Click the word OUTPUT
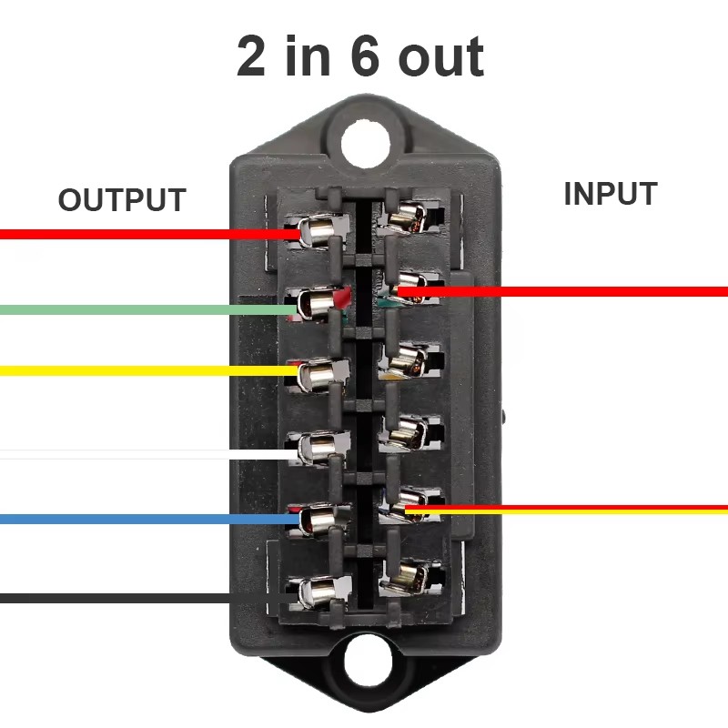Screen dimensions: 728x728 coord(122,199)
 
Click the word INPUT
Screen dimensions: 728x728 coord(611,193)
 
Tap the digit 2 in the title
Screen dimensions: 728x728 coord(251,56)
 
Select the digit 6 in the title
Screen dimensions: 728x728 coord(366,56)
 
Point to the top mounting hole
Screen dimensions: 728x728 coord(365,144)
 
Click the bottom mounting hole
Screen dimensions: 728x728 coord(368,662)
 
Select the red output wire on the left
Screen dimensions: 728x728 coord(150,234)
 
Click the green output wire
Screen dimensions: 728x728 coord(148,309)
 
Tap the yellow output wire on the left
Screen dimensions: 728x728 coord(148,371)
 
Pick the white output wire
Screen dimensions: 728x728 coord(148,454)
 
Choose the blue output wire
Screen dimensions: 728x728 coord(149,519)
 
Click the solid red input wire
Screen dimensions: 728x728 coord(562,291)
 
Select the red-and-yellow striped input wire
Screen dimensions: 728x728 coord(566,510)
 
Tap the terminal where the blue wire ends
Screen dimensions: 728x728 coord(318,520)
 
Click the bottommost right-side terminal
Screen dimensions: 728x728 coord(409,578)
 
